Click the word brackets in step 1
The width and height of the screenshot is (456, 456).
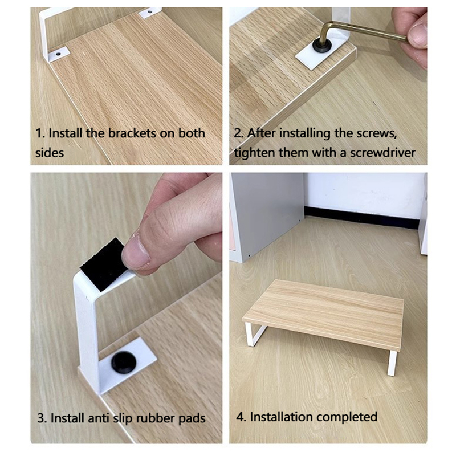[132, 133]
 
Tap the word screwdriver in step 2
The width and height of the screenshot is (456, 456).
[382, 153]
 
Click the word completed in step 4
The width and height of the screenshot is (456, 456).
[347, 417]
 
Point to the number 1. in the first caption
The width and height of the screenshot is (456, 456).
[40, 133]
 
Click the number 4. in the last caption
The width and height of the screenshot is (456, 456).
[241, 417]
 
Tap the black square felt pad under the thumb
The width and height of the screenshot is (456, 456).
[103, 264]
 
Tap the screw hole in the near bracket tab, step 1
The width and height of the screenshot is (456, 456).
[59, 54]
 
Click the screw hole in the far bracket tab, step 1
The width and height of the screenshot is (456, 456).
[150, 12]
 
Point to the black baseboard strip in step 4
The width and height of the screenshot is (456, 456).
[361, 217]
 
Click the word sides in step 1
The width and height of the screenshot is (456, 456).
[50, 153]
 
